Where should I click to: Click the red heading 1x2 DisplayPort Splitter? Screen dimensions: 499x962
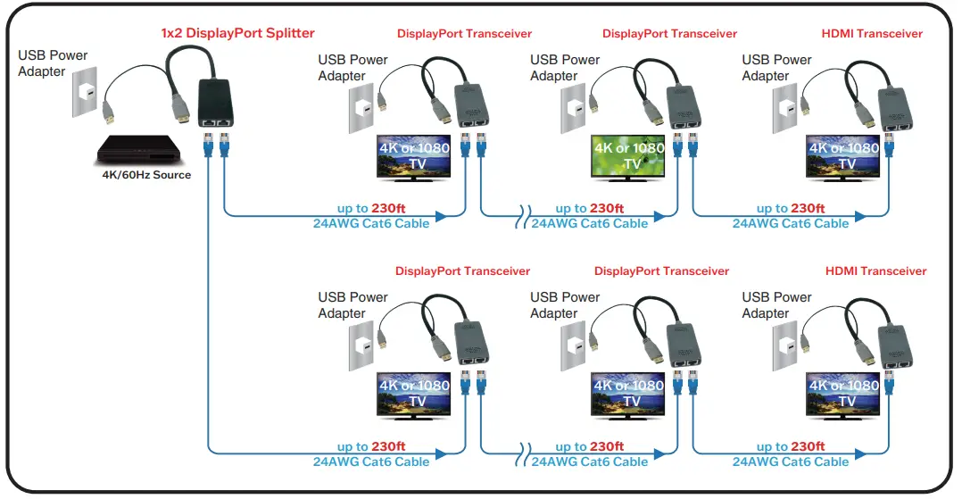point(237,33)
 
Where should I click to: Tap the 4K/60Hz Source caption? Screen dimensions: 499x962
point(145,175)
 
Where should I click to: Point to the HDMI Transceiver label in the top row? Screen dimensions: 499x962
point(872,34)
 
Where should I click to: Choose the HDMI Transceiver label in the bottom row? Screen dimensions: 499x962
point(875,271)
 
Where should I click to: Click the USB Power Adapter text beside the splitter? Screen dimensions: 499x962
point(53,62)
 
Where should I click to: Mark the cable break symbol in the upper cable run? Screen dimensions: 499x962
point(520,217)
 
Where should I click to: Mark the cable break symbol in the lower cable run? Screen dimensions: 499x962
point(520,453)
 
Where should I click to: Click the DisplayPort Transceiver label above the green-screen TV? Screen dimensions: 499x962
point(669,34)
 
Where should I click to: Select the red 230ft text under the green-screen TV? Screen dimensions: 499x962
point(607,208)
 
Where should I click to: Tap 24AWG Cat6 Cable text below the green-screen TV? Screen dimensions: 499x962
point(589,223)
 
